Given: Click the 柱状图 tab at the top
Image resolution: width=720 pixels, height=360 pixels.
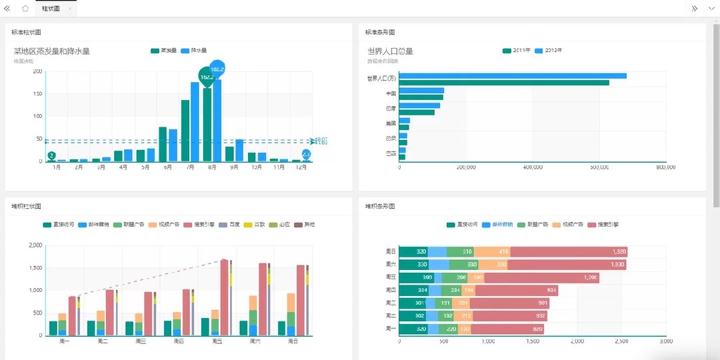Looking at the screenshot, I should click(x=51, y=9).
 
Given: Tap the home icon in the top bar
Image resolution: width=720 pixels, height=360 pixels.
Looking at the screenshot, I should click(x=25, y=9).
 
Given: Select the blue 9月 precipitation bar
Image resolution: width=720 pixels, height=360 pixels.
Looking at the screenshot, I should click(x=239, y=150).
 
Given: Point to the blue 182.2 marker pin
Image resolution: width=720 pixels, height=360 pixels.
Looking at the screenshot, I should click(x=217, y=69).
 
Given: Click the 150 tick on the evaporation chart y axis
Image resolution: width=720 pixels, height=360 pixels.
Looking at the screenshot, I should click(x=37, y=94).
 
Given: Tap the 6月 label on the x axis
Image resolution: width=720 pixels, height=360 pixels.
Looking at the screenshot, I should click(x=167, y=167).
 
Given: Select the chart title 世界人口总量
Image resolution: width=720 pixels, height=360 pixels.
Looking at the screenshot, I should click(x=390, y=51).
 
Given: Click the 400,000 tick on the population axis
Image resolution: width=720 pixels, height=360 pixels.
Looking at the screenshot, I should click(x=533, y=167).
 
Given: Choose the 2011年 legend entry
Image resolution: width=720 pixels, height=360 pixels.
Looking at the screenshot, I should click(x=517, y=51).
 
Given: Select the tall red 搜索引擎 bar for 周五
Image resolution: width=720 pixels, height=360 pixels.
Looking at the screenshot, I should click(x=225, y=297).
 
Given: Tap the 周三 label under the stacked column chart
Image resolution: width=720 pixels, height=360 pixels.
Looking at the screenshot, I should click(x=141, y=341).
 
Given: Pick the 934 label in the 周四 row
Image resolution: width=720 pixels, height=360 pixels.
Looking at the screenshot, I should click(x=551, y=290).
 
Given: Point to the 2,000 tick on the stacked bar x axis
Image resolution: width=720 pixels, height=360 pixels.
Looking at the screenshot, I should click(x=577, y=341).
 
